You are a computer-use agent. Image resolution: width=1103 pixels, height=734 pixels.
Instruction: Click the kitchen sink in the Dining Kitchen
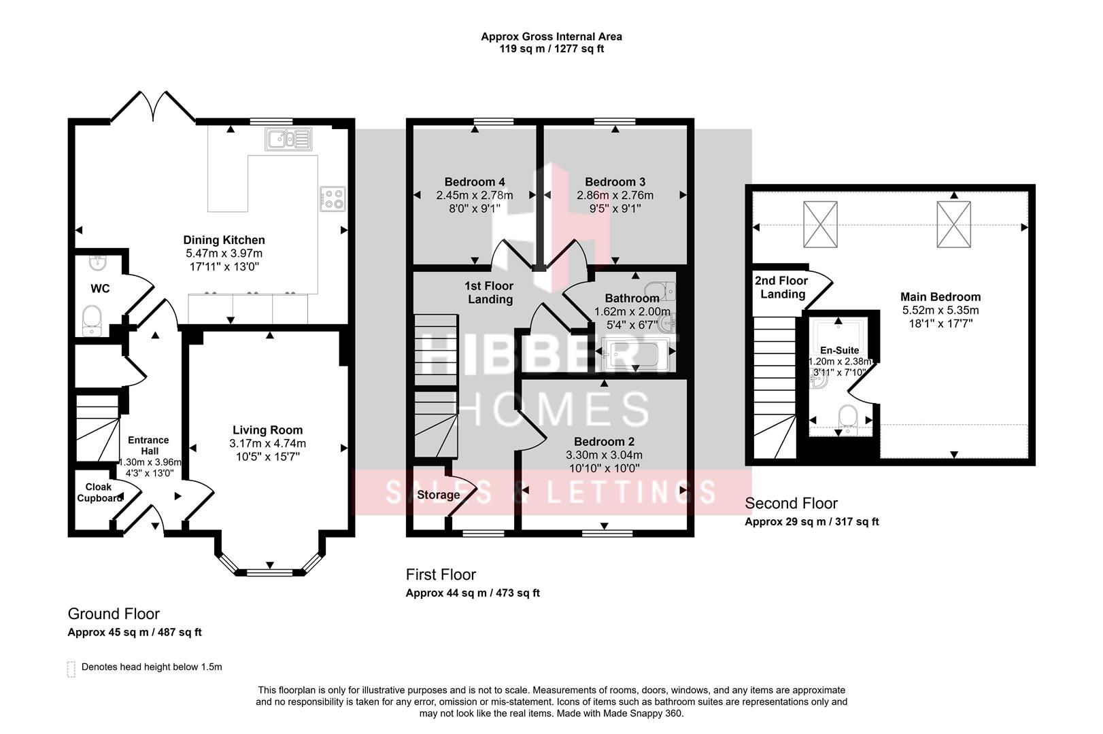click(x=288, y=140)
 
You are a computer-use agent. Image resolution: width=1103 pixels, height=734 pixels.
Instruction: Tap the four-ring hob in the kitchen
click(x=333, y=198)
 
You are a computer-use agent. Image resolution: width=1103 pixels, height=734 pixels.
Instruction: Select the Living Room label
click(x=267, y=430)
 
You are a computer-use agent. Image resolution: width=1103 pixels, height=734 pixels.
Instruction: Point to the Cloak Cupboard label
click(x=99, y=493)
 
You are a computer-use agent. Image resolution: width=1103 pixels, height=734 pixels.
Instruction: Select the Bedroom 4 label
click(x=474, y=182)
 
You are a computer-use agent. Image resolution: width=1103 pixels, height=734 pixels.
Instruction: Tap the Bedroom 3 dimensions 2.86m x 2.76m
click(x=615, y=196)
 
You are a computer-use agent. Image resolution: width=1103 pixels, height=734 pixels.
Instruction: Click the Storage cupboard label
click(x=438, y=495)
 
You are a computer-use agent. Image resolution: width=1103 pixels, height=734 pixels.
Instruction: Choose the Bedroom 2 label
click(x=604, y=442)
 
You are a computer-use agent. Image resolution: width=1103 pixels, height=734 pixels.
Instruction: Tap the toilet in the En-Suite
click(x=848, y=417)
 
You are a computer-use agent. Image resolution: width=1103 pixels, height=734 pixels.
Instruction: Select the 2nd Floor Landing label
click(x=781, y=287)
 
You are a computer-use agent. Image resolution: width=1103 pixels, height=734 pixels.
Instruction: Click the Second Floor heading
click(x=791, y=504)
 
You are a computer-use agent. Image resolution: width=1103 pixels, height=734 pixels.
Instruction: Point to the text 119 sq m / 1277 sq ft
click(x=551, y=49)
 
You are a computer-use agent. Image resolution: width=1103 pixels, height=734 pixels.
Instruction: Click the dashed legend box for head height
click(x=71, y=669)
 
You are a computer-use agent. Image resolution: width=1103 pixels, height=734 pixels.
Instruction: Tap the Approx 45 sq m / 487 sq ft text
click(x=135, y=632)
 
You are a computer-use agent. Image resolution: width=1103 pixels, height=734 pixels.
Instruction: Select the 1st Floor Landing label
click(x=490, y=293)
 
